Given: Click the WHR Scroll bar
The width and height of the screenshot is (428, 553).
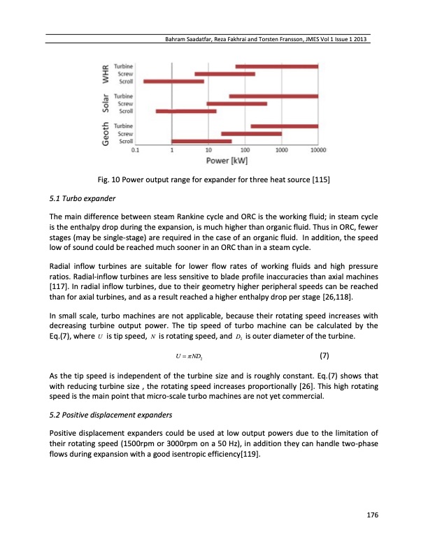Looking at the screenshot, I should coord(174,81).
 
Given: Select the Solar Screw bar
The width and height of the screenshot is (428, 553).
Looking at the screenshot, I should coord(236,103).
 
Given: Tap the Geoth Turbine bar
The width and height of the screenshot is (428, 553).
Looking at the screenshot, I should coord(284,126).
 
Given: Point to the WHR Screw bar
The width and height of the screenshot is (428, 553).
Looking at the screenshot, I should coord(224,73).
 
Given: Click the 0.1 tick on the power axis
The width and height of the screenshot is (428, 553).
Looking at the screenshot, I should coord(135,149).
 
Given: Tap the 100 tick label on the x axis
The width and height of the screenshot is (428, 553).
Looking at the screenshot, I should coord(245,149).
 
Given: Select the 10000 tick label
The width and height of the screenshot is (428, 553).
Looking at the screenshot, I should coord(318,149).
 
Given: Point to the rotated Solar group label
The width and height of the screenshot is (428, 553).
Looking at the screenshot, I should coord(106,103).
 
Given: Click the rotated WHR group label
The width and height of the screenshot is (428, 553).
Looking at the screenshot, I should coord(106,73).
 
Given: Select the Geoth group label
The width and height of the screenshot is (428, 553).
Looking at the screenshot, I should coord(106,133).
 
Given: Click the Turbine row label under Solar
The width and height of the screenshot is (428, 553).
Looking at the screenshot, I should coord(124,96).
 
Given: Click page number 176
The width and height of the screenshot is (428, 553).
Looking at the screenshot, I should coord(372,515).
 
